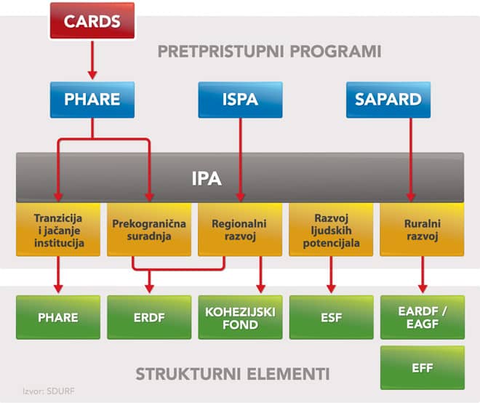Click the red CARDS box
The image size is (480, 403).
tap(92, 20)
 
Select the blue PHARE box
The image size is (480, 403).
tap(92, 100)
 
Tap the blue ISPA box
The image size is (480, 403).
tap(240, 100)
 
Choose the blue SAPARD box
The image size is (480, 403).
tap(388, 100)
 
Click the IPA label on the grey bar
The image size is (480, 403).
tap(207, 178)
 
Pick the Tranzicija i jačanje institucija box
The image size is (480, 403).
tap(58, 229)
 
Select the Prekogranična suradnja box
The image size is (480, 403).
tap(149, 229)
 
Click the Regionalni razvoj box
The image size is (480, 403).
tap(240, 229)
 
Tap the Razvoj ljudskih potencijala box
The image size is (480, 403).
tap(331, 229)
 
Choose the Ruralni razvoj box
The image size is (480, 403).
tap(422, 229)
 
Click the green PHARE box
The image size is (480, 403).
tap(58, 317)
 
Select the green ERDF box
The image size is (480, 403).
tap(149, 317)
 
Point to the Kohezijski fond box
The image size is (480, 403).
tap(240, 317)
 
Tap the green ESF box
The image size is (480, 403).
tap(331, 317)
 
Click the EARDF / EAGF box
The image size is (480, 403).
tap(423, 317)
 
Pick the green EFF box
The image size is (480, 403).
tap(423, 367)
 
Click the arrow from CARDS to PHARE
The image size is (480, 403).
tap(92, 60)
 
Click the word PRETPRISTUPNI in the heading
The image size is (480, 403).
tap(220, 51)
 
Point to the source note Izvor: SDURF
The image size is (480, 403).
tap(49, 391)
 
